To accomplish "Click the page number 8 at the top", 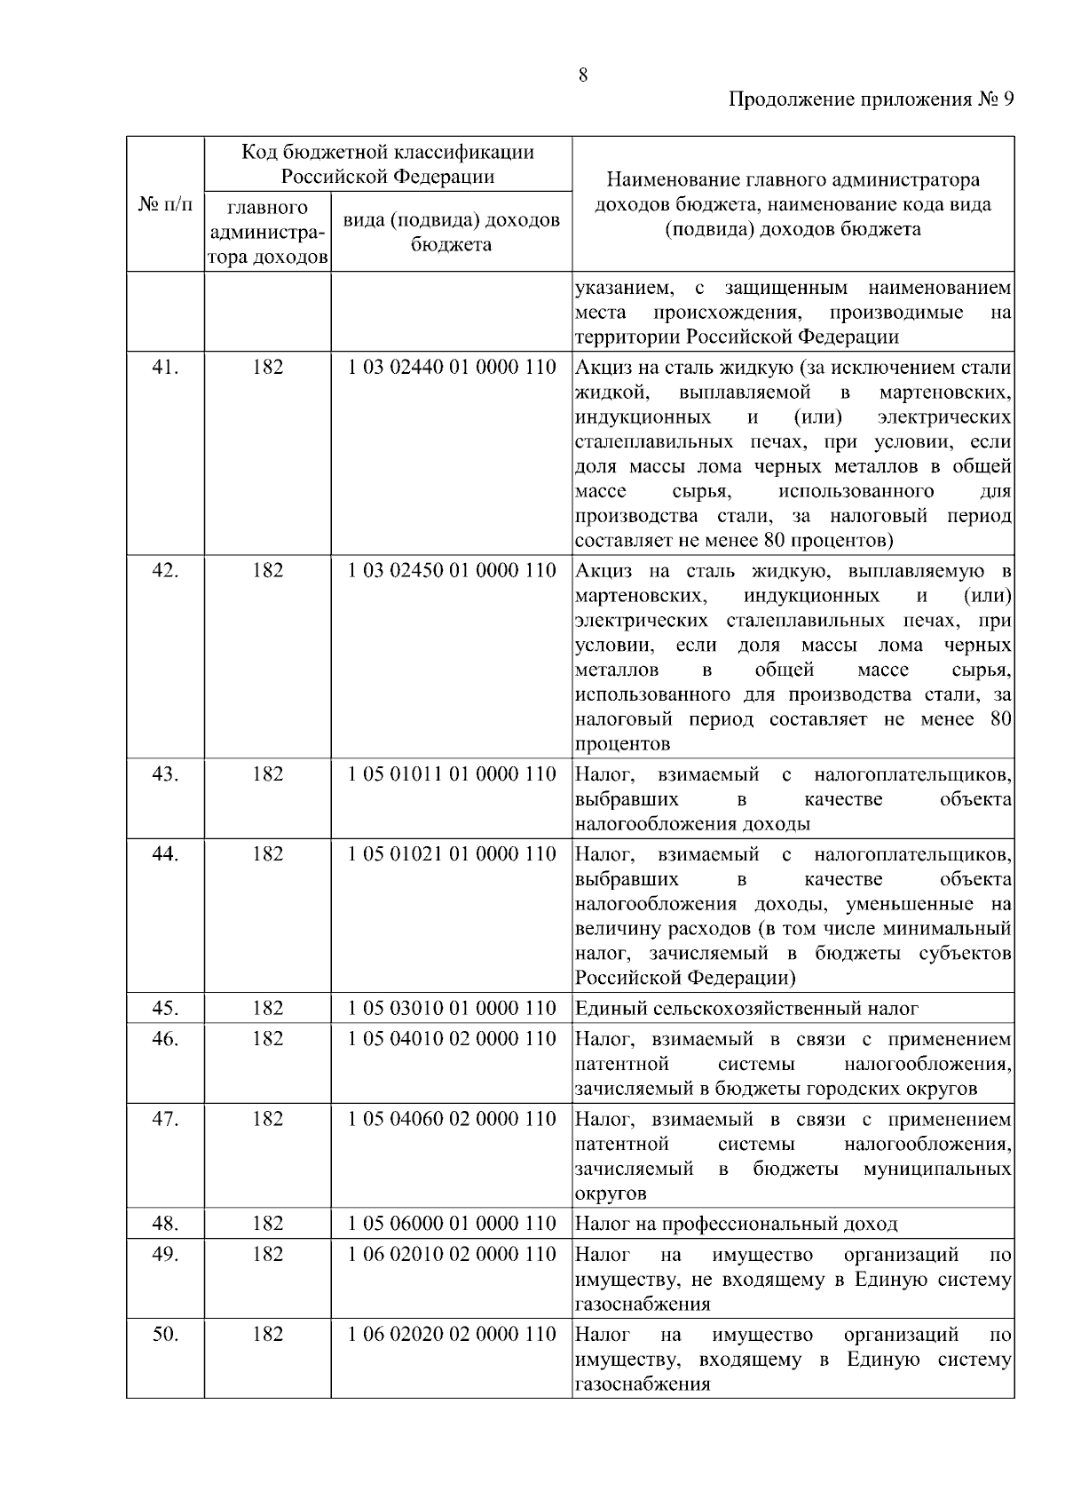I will pyautogui.click(x=583, y=75).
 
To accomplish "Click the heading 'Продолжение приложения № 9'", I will pyautogui.click(x=871, y=99).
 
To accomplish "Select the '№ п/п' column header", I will pyautogui.click(x=165, y=204).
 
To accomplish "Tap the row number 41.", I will pyautogui.click(x=165, y=367).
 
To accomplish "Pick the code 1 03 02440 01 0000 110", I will pyautogui.click(x=452, y=367).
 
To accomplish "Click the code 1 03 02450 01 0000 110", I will pyautogui.click(x=452, y=570).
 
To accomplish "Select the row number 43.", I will pyautogui.click(x=165, y=774).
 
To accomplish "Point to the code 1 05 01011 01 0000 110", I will pyautogui.click(x=452, y=774).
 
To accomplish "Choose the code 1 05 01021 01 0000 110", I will pyautogui.click(x=452, y=854).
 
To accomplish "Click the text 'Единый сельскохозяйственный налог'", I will pyautogui.click(x=746, y=1009).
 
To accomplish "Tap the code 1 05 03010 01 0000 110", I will pyautogui.click(x=452, y=1009).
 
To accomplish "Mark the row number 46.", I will pyautogui.click(x=165, y=1039).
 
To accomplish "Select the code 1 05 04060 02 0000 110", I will pyautogui.click(x=452, y=1119).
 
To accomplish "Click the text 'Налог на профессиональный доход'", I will pyautogui.click(x=736, y=1224).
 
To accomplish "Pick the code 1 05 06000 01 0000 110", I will pyautogui.click(x=452, y=1224).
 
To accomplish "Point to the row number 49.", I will pyautogui.click(x=165, y=1254).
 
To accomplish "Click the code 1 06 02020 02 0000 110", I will pyautogui.click(x=452, y=1334).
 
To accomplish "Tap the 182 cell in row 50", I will pyautogui.click(x=267, y=1334).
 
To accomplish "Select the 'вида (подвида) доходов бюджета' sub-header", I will pyautogui.click(x=452, y=232).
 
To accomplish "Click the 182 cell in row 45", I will pyautogui.click(x=267, y=1009).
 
